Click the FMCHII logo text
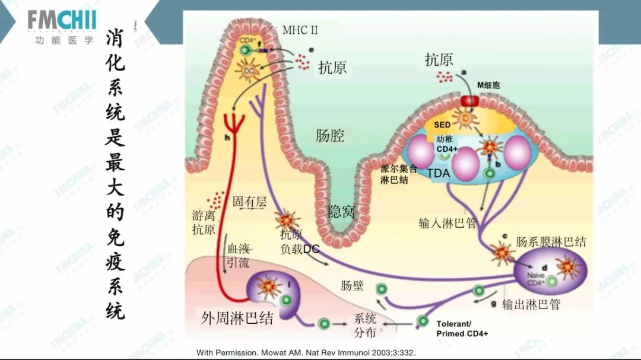(x=61, y=21)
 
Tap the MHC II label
(x=304, y=30)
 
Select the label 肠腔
(x=329, y=136)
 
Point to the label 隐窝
(x=341, y=211)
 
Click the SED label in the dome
(x=442, y=125)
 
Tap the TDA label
(x=439, y=174)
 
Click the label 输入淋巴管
(x=448, y=224)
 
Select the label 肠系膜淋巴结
(x=551, y=241)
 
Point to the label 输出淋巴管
(x=531, y=305)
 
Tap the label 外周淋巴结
(x=237, y=318)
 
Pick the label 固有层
(x=249, y=202)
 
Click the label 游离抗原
(x=204, y=222)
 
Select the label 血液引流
(x=238, y=256)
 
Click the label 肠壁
(x=352, y=286)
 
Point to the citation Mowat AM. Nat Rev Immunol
(x=306, y=352)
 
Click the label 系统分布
(x=365, y=325)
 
